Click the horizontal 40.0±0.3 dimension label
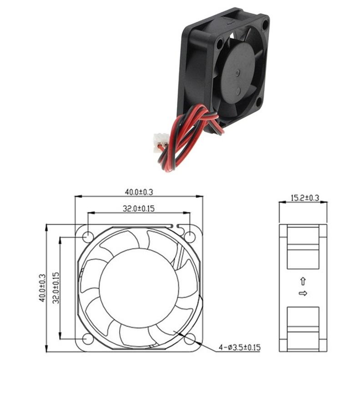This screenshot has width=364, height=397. point(139,192)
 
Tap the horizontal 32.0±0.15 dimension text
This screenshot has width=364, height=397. point(139,208)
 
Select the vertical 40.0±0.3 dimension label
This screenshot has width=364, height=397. point(42,288)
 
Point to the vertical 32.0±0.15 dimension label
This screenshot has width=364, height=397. point(56,287)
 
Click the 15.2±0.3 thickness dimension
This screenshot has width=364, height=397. point(305,198)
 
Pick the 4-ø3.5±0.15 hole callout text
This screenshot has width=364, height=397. point(239,347)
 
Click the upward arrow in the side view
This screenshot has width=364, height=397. point(303,281)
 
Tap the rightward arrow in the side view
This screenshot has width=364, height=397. point(303,293)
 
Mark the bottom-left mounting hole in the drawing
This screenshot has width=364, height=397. point(88,339)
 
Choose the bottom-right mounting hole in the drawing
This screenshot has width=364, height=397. point(190,339)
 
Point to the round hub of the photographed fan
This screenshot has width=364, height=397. point(237,73)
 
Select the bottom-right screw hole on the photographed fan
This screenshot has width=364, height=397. point(258,102)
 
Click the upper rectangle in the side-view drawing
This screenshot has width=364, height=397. point(303,248)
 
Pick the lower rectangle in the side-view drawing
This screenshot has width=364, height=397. point(303,329)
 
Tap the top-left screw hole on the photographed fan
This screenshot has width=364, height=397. point(219,44)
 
